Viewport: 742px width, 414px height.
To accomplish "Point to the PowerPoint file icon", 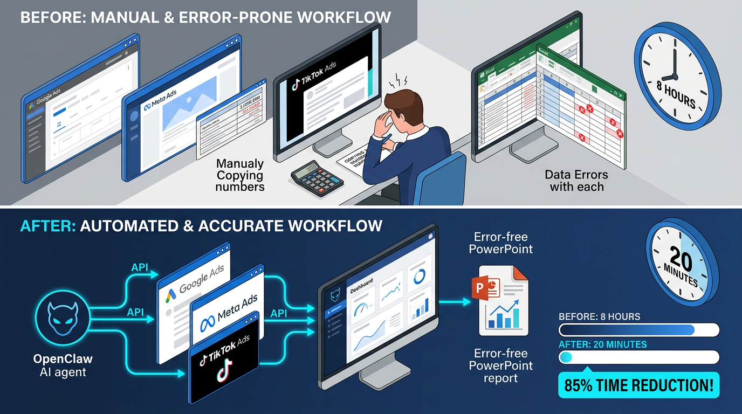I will tap(503, 300).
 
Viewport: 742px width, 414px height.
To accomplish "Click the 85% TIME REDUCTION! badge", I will tap(638, 385).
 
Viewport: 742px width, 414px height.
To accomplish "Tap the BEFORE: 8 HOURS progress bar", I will tap(638, 330).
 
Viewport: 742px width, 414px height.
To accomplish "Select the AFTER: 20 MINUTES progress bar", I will tap(638, 357).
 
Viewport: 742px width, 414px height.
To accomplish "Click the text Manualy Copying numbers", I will tap(240, 175).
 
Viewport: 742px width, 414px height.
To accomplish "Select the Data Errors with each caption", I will tap(576, 181).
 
